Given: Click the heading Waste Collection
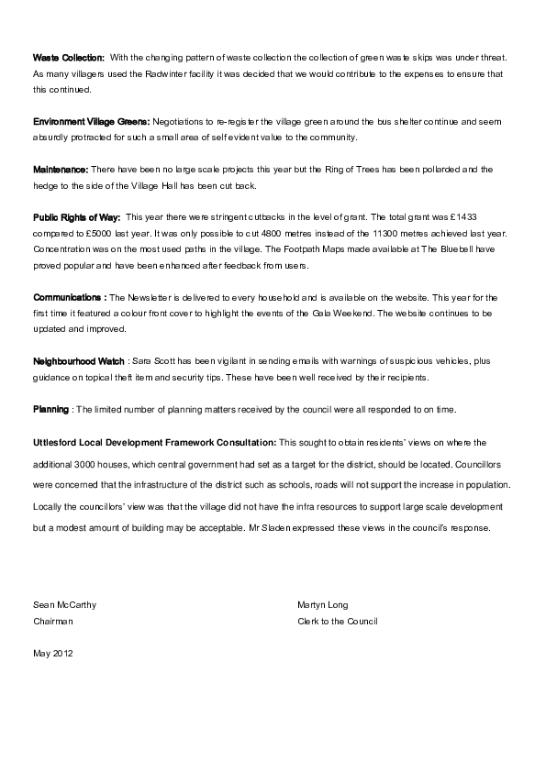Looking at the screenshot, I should tap(69, 58).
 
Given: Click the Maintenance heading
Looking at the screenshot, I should tap(61, 170).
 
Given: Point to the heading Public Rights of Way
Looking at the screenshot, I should tap(77, 217).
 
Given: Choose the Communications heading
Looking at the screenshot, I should tap(69, 298).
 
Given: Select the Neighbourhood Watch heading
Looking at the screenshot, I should tap(78, 361).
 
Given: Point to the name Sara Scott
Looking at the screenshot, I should tap(154, 361).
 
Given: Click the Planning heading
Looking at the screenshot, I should tap(50, 409).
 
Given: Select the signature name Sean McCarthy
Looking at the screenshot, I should tap(64, 605).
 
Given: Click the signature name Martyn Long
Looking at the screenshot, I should tap(323, 605).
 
